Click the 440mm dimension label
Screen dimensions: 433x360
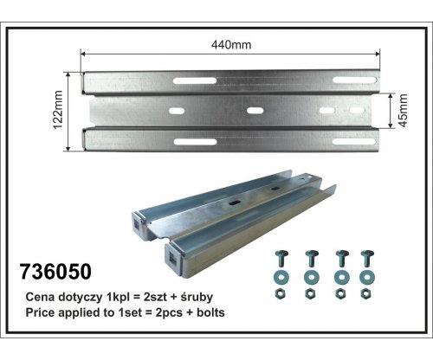tap(231, 45)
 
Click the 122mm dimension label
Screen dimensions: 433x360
tap(58, 110)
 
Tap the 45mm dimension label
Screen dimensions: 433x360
tap(403, 110)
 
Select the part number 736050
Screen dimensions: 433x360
tap(55, 272)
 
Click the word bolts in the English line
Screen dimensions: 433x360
tap(210, 312)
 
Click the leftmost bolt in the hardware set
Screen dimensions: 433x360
tap(281, 258)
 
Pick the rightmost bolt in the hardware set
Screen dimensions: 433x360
tap(367, 258)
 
